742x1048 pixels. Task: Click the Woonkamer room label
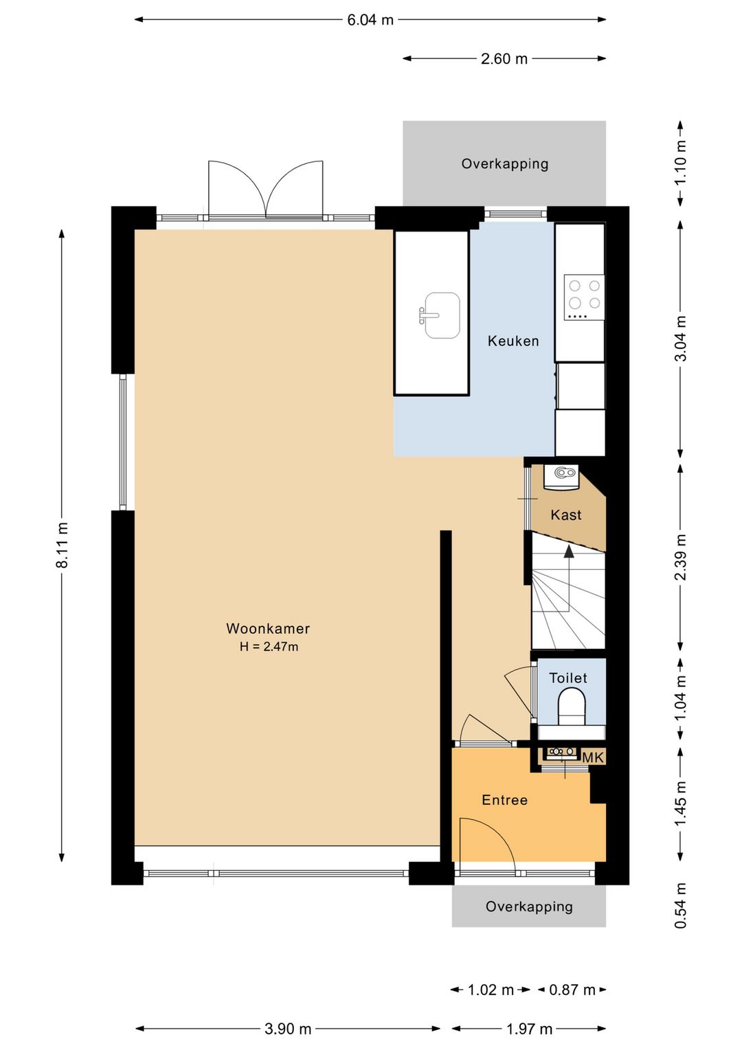coord(268,628)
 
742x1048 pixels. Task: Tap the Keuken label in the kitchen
coord(513,341)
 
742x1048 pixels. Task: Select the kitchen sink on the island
coord(440,315)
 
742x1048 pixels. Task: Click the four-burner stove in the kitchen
coord(584,298)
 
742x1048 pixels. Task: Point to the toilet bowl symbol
coord(572,708)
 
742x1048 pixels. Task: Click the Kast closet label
coord(566,515)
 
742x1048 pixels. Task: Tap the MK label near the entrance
coord(593,757)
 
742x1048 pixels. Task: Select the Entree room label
coord(505,800)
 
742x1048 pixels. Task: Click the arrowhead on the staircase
coord(569,551)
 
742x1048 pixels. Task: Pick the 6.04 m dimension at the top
coord(370,20)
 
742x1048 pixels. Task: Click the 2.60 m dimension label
coord(504,59)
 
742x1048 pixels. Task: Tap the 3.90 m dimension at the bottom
coord(288,1029)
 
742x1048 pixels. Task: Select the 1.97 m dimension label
coord(530,1029)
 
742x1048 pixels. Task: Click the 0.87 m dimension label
coord(572,990)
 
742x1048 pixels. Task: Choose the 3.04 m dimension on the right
coord(681,339)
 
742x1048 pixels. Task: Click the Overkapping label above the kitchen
coord(505,163)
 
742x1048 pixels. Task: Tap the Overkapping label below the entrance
coord(529,907)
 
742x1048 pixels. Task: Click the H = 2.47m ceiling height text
coord(269,647)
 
